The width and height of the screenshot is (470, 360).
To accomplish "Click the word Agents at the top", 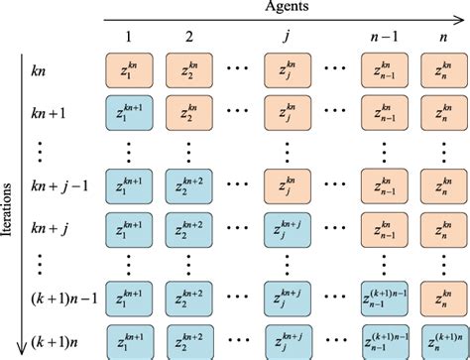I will point(287,8).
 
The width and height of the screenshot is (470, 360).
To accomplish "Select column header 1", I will point(129,40).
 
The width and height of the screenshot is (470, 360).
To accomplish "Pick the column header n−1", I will point(382,40).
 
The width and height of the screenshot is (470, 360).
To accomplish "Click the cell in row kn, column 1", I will point(130,71).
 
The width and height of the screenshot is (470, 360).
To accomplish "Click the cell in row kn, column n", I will point(441,71).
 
